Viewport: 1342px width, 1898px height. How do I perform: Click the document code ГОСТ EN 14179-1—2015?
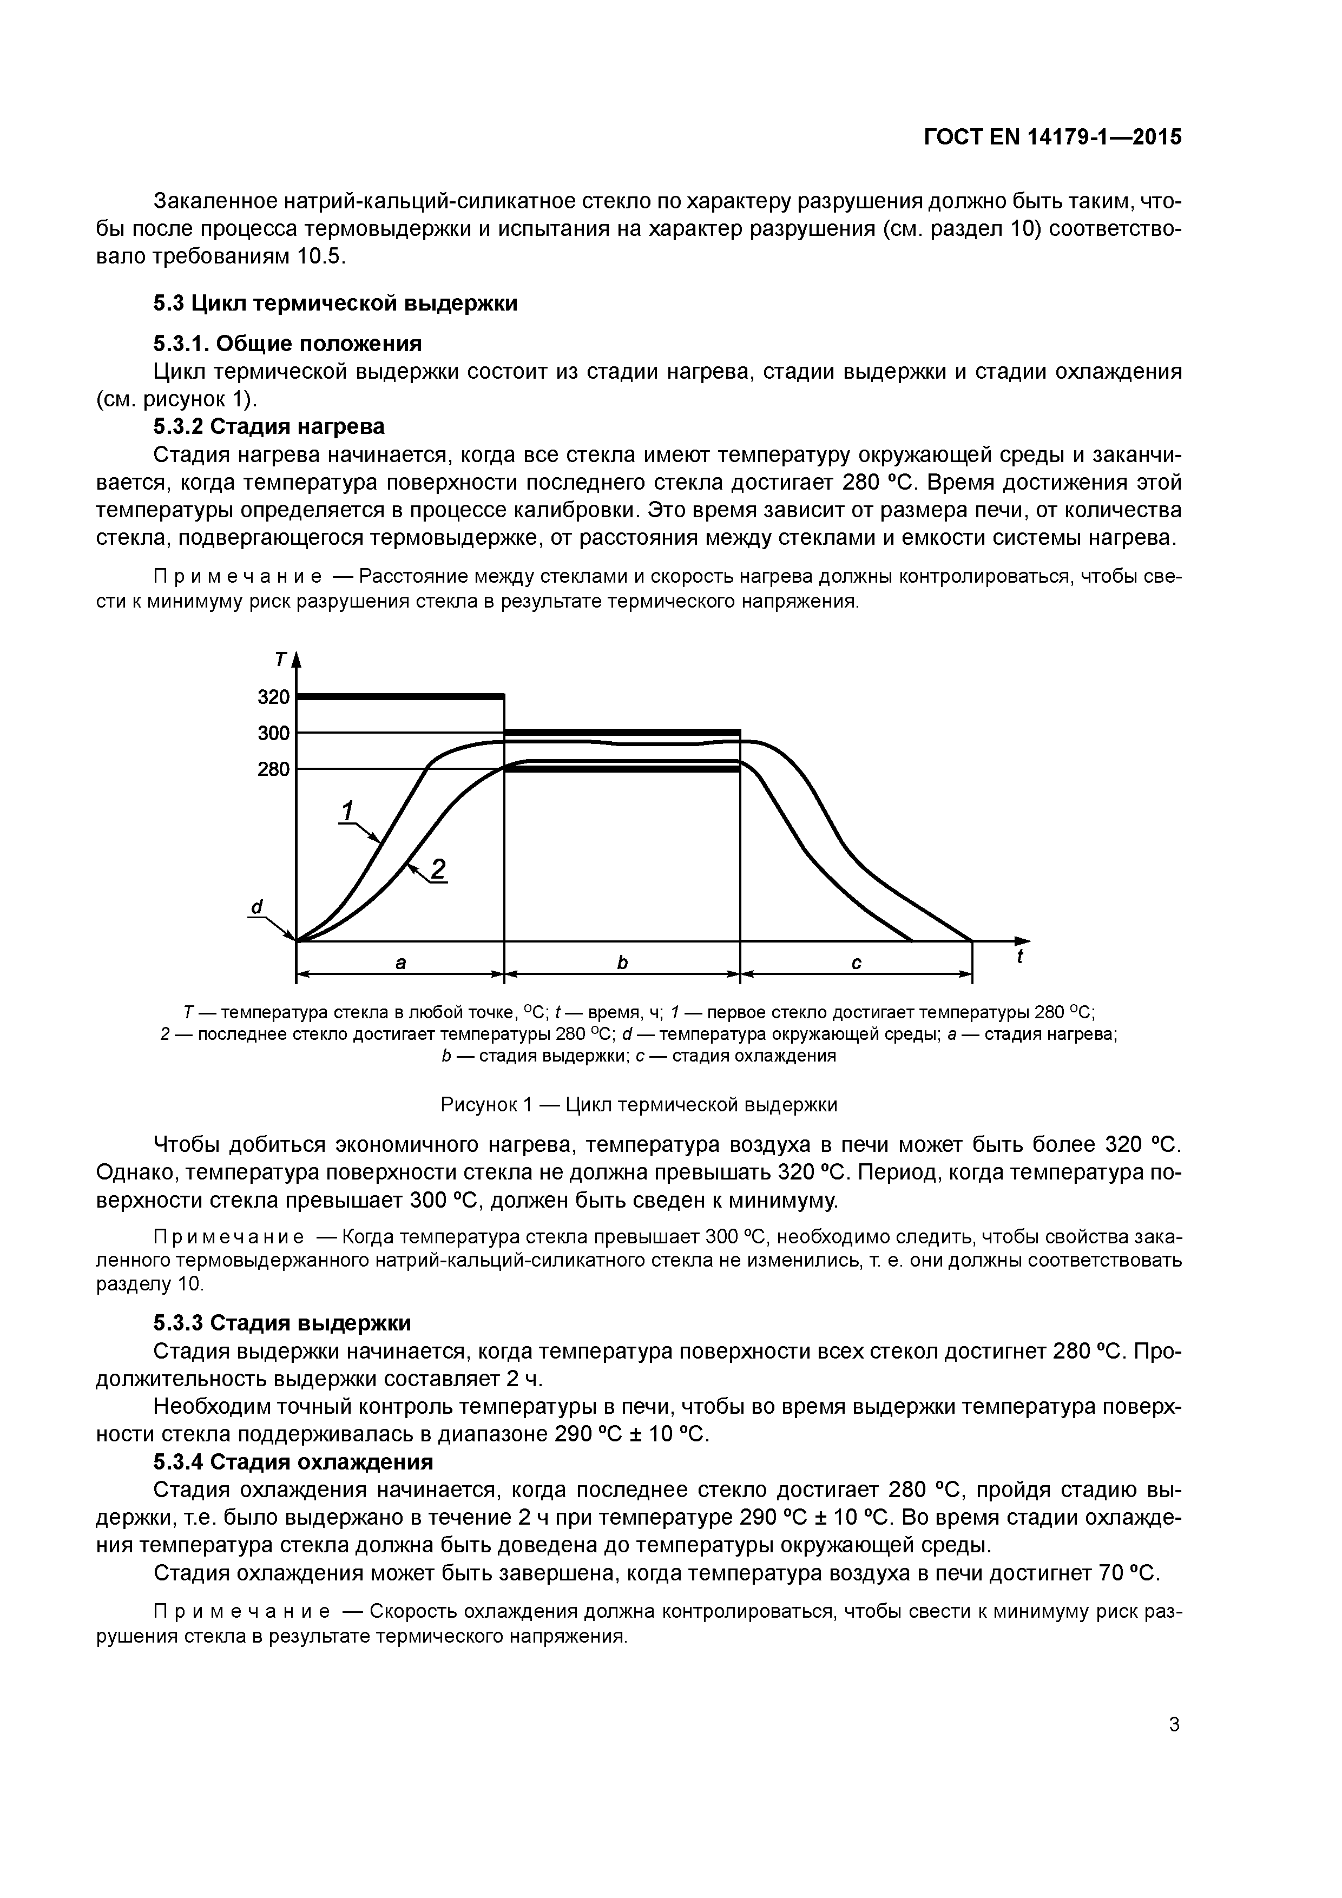pyautogui.click(x=1052, y=137)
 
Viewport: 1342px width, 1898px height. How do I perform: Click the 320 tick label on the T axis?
pyautogui.click(x=274, y=697)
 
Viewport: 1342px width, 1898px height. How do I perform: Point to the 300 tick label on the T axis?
pyautogui.click(x=274, y=733)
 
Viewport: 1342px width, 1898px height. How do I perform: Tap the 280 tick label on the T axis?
pyautogui.click(x=274, y=769)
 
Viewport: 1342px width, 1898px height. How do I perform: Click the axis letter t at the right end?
pyautogui.click(x=1019, y=957)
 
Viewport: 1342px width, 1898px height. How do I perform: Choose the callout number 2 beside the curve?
pyautogui.click(x=438, y=869)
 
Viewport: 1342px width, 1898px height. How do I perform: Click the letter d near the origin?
pyautogui.click(x=256, y=908)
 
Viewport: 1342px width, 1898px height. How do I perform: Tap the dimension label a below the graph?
pyautogui.click(x=400, y=963)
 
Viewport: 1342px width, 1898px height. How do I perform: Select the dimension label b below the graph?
pyautogui.click(x=622, y=963)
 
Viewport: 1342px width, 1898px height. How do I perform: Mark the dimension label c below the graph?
pyautogui.click(x=856, y=963)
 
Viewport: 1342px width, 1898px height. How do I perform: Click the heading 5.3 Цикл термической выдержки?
pyautogui.click(x=335, y=304)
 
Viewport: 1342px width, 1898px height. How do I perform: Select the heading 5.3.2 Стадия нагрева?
pyautogui.click(x=269, y=426)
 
